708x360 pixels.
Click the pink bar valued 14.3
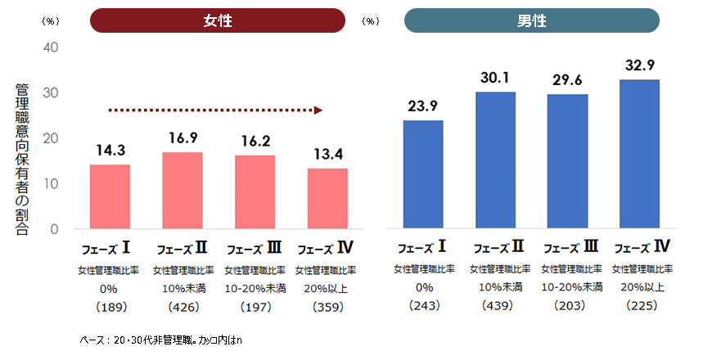click(110, 196)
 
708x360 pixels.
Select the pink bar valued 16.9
click(183, 191)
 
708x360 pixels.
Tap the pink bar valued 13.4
click(327, 199)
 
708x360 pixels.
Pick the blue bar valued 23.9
click(423, 174)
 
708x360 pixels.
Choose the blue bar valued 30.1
click(496, 160)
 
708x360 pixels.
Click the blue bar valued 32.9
click(639, 154)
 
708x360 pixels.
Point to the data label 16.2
click(255, 141)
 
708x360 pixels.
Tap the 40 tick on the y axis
click(51, 47)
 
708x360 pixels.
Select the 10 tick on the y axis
click(51, 184)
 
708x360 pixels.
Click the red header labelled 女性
click(218, 20)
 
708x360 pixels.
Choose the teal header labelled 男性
click(532, 20)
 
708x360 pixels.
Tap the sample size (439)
click(496, 306)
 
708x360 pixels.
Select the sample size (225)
click(642, 306)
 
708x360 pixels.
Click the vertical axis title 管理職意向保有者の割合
click(22, 160)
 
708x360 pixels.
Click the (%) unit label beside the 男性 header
click(372, 20)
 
